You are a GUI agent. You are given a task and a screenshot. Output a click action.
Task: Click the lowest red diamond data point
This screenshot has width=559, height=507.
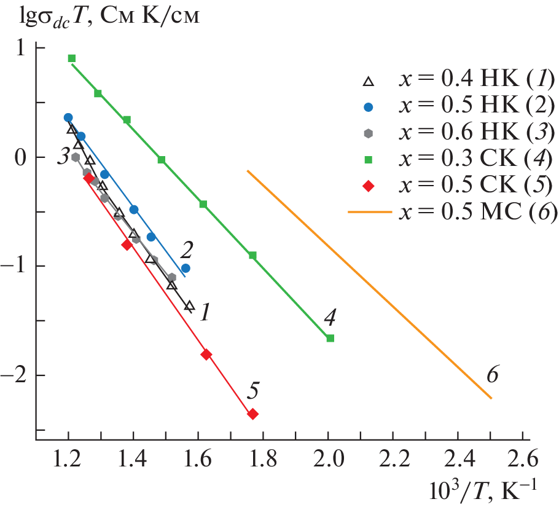click(x=252, y=414)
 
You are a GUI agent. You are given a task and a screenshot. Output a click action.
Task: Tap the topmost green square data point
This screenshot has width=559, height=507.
click(x=72, y=58)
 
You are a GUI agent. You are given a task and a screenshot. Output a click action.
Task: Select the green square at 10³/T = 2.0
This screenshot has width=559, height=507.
click(x=330, y=338)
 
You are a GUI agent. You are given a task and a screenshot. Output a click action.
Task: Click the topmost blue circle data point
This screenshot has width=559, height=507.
click(x=68, y=117)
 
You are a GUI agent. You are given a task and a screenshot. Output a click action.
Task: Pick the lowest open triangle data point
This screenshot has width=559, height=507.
click(x=189, y=305)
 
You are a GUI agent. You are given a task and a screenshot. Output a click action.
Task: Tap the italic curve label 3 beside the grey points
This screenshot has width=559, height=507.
click(x=62, y=157)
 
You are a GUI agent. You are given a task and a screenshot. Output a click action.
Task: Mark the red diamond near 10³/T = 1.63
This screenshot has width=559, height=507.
click(x=206, y=355)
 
